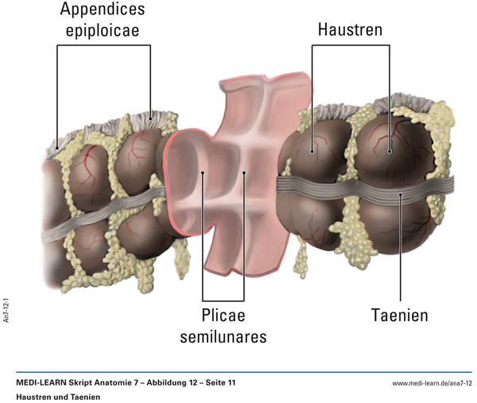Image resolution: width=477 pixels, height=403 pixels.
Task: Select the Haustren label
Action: click(x=351, y=30)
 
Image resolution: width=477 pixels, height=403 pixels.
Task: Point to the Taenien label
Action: click(x=399, y=315)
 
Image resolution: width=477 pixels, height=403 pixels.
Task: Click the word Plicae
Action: click(x=223, y=316)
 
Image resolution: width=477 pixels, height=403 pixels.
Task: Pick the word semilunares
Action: click(x=223, y=337)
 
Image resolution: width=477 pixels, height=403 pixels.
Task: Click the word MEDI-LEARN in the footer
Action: click(x=45, y=384)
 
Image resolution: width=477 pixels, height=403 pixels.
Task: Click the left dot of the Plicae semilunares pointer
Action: click(x=204, y=172)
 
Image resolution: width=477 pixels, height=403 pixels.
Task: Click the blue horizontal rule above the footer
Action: click(x=238, y=372)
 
